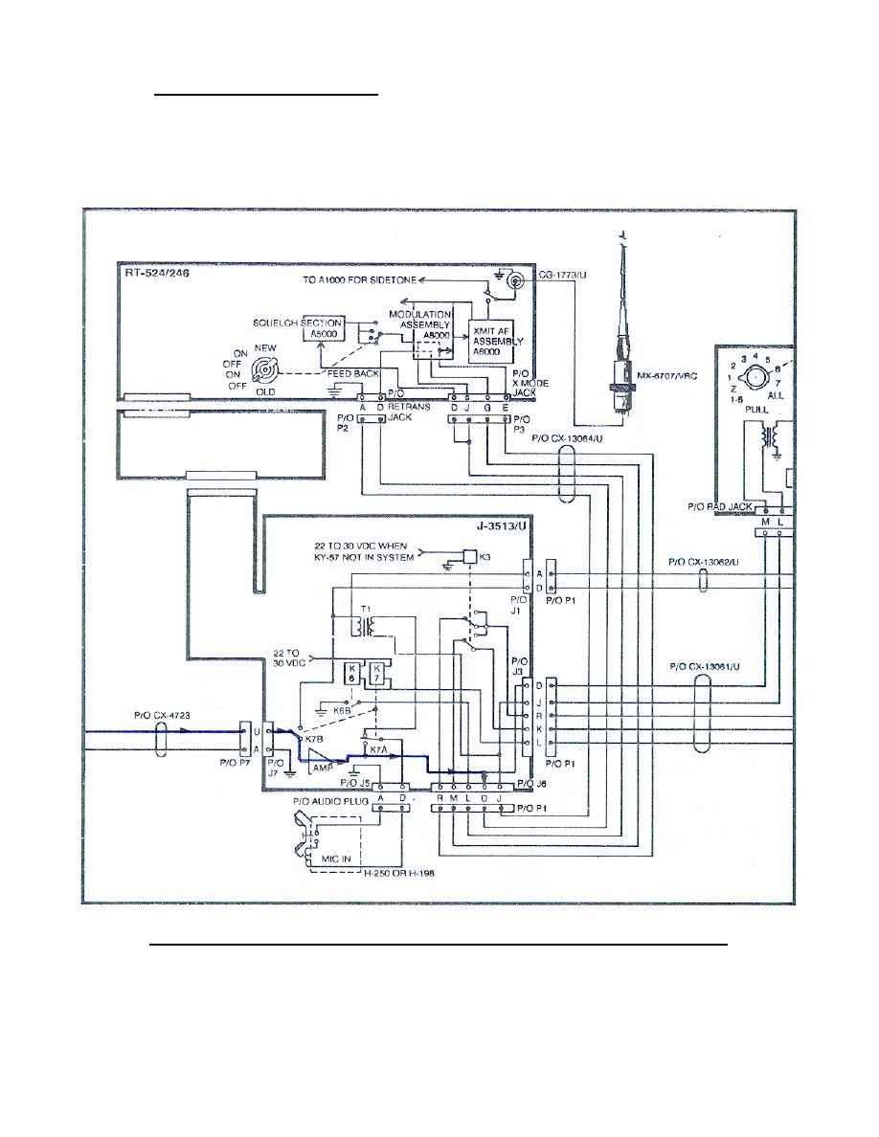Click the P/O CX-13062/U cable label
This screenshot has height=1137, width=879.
pyautogui.click(x=706, y=563)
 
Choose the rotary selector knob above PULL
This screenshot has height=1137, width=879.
pyautogui.click(x=756, y=376)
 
